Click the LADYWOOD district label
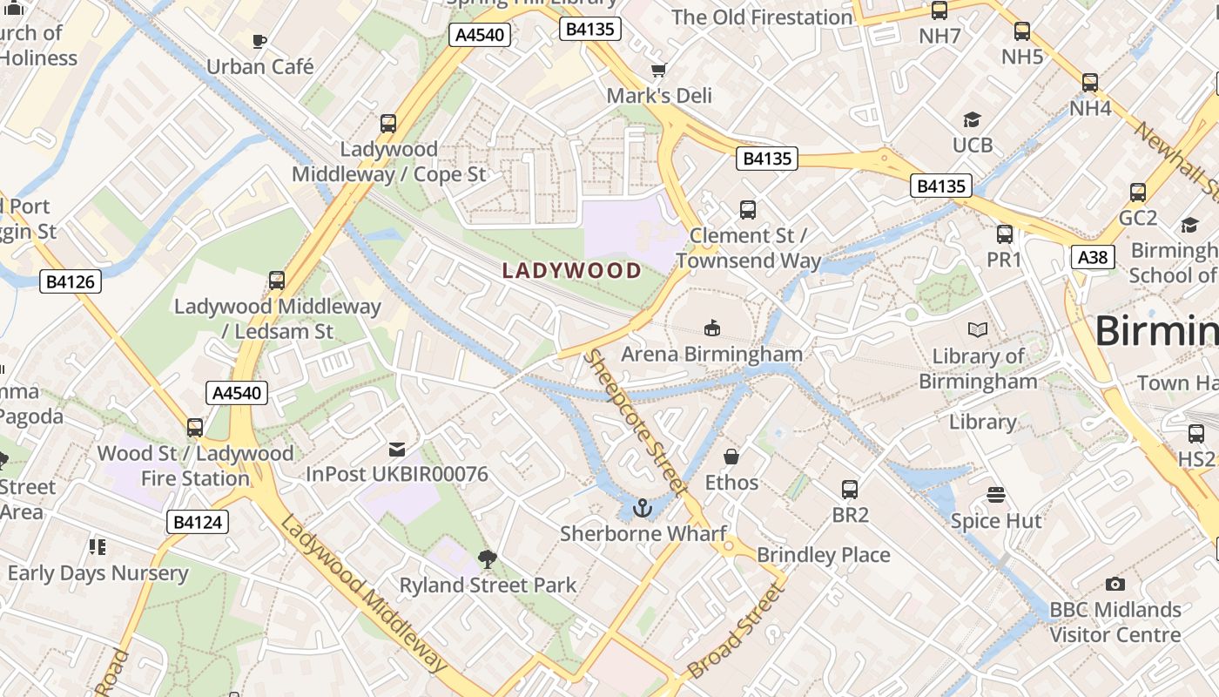[x=572, y=270]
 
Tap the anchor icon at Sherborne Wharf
[x=643, y=507]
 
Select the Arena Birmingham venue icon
[x=711, y=328]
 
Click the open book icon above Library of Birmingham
[x=978, y=329]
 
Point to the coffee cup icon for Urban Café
[x=259, y=40]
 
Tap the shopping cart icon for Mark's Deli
[x=659, y=70]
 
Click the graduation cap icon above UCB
[x=972, y=119]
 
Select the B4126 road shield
[x=71, y=281]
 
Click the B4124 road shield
[x=198, y=522]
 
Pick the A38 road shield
[x=1093, y=257]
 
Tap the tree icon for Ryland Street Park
[x=487, y=558]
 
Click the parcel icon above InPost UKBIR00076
[x=397, y=450]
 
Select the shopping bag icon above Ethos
[x=731, y=457]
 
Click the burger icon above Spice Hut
[x=996, y=495]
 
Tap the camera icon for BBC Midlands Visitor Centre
[x=1115, y=584]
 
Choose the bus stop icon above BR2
[x=850, y=490]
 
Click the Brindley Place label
[x=823, y=555]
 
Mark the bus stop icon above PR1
[x=1004, y=233]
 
